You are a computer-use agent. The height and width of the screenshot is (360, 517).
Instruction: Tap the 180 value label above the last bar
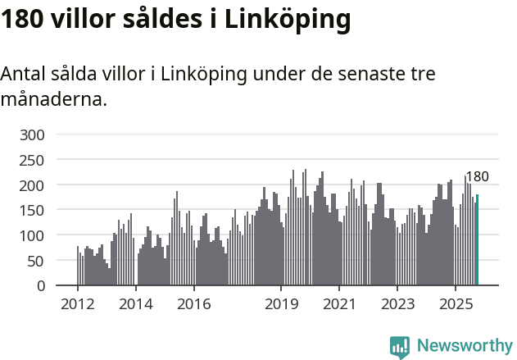coord(477,177)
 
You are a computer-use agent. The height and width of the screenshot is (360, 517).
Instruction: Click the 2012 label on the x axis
coord(78,304)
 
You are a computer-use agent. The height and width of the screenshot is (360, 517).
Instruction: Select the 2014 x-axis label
coord(136,304)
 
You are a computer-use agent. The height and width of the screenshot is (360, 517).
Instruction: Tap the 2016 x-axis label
coord(194,304)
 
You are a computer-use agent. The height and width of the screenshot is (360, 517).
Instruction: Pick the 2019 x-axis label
coord(281,304)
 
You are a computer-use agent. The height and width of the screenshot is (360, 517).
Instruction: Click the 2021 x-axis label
coord(339,304)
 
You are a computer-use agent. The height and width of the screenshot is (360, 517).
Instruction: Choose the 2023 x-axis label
coord(397,304)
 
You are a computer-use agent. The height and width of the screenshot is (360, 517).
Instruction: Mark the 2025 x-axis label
coord(456,304)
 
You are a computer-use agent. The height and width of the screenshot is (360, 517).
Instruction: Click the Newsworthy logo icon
coord(400,347)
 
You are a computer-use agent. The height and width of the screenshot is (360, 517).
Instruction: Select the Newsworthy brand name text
coord(464,346)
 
